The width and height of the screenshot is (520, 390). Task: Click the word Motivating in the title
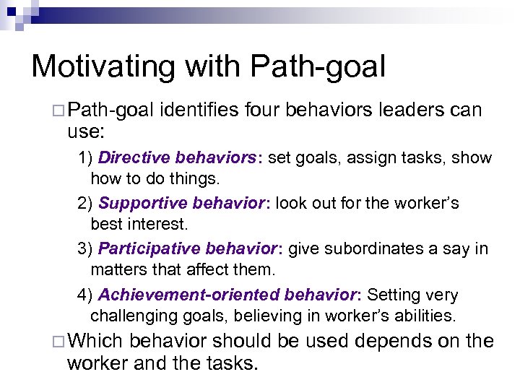tap(102, 66)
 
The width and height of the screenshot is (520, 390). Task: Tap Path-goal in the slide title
tap(318, 66)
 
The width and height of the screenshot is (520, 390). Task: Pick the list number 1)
tap(86, 157)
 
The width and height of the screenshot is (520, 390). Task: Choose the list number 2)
tap(86, 204)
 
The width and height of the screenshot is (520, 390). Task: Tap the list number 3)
tap(86, 249)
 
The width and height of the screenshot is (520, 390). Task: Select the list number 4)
tap(86, 295)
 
